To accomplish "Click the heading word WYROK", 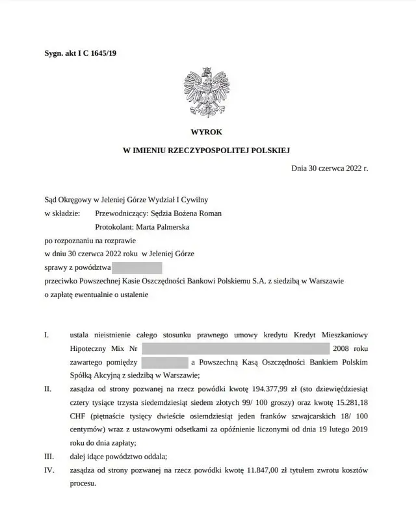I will pos(207,131).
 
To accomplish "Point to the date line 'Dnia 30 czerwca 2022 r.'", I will pos(330,168).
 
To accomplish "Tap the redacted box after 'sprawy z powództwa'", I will pos(136,267).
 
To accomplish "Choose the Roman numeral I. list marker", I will pos(46,335).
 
